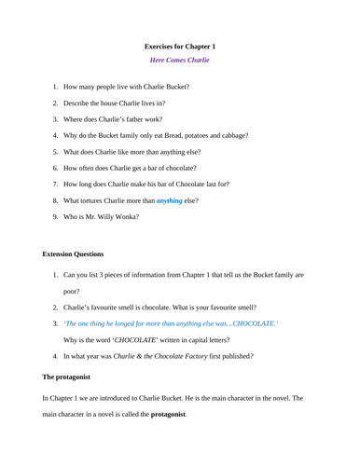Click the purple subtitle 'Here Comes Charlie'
point(180,61)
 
